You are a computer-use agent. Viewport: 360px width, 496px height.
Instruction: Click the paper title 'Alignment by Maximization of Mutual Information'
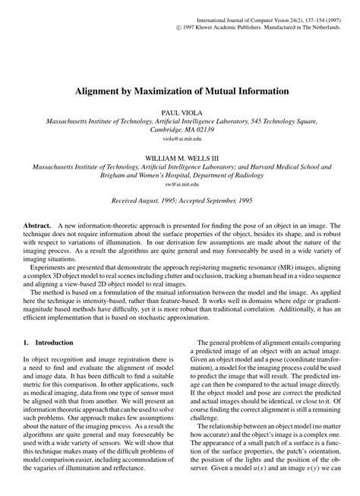click(x=181, y=91)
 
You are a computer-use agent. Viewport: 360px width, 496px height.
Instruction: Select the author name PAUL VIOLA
click(x=181, y=111)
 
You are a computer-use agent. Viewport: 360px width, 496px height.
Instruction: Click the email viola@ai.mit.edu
click(x=181, y=140)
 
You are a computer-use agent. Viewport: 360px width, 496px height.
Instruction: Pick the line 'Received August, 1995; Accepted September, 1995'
click(x=181, y=201)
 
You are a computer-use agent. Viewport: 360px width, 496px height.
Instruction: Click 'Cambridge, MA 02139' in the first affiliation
click(x=181, y=130)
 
